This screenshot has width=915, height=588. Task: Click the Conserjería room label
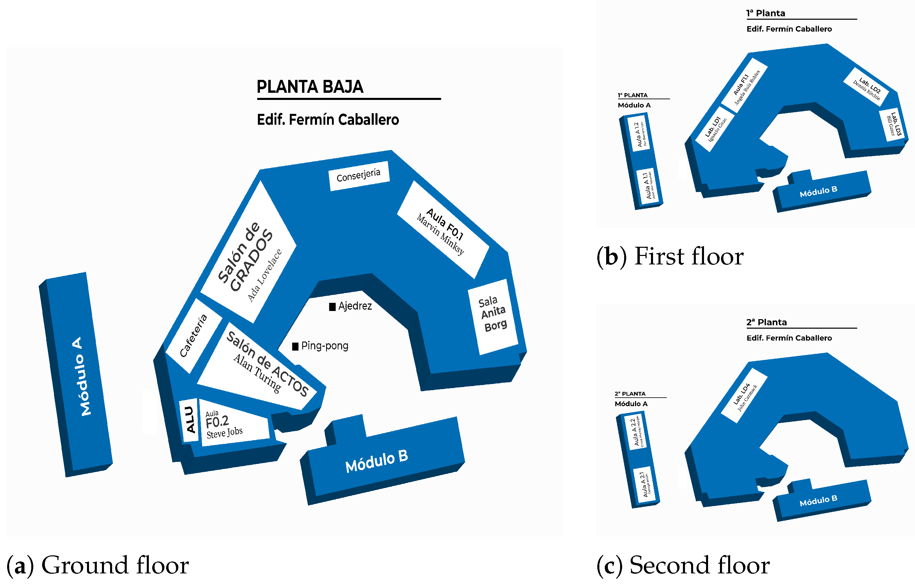358,176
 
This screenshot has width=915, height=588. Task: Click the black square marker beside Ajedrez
332,307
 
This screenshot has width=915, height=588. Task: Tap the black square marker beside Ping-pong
295,346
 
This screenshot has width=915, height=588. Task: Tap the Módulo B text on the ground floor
376,461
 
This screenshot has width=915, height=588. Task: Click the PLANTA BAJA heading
310,87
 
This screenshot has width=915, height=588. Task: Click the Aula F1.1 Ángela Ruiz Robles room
744,86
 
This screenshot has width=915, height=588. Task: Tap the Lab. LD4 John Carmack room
744,396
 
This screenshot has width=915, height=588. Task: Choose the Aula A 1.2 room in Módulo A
640,134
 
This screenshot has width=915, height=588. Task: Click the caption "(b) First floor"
670,256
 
